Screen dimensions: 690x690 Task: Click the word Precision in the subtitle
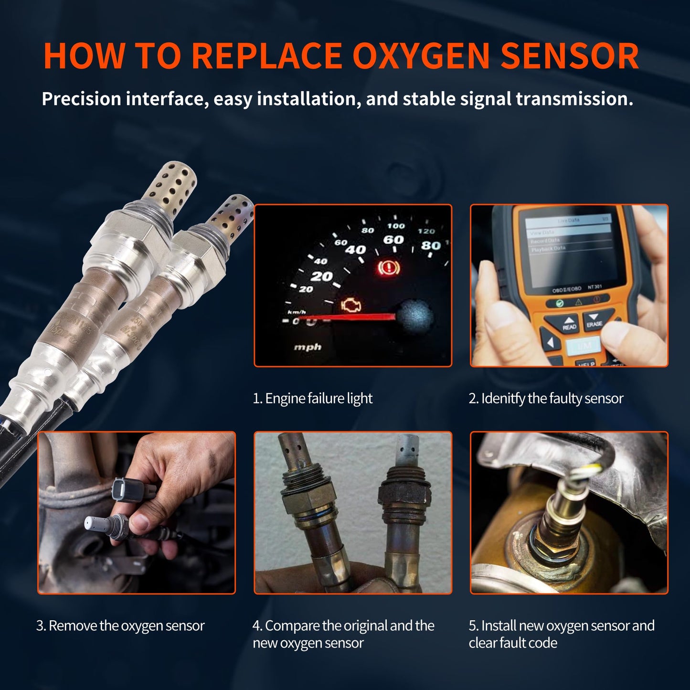(81, 99)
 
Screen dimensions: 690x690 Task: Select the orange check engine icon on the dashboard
(351, 306)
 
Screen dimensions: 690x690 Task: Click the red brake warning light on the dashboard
(389, 268)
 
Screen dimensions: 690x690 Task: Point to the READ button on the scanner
(569, 323)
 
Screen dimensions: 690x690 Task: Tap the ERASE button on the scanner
(594, 319)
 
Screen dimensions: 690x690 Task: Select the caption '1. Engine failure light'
(312, 398)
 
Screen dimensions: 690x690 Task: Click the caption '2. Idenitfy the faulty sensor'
(546, 398)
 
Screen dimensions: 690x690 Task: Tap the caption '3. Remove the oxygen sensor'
(120, 626)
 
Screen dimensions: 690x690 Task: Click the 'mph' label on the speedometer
(308, 347)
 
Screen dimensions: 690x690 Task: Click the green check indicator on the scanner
(560, 303)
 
